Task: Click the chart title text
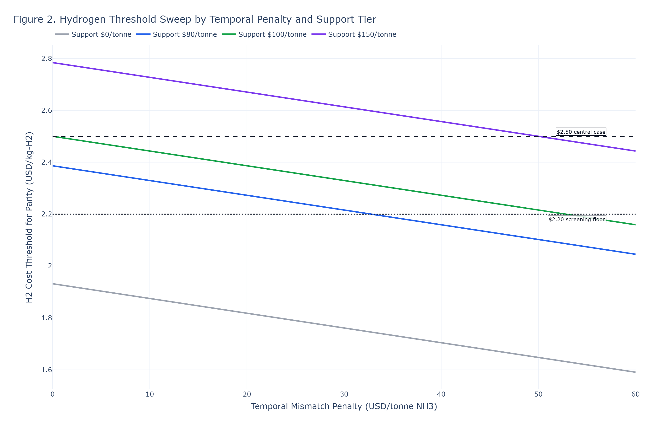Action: (x=195, y=20)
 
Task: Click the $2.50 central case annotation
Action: (x=581, y=132)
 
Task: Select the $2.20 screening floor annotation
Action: (x=577, y=219)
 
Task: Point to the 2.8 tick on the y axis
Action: (x=47, y=59)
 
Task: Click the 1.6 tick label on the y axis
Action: (x=47, y=370)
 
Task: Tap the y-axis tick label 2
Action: (x=50, y=266)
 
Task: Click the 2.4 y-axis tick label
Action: (x=47, y=162)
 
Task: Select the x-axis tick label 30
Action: (x=344, y=394)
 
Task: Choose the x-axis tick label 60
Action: (x=636, y=394)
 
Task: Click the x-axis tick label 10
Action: (x=150, y=394)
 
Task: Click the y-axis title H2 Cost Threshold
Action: (x=29, y=217)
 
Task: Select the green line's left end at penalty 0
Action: (x=53, y=136)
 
